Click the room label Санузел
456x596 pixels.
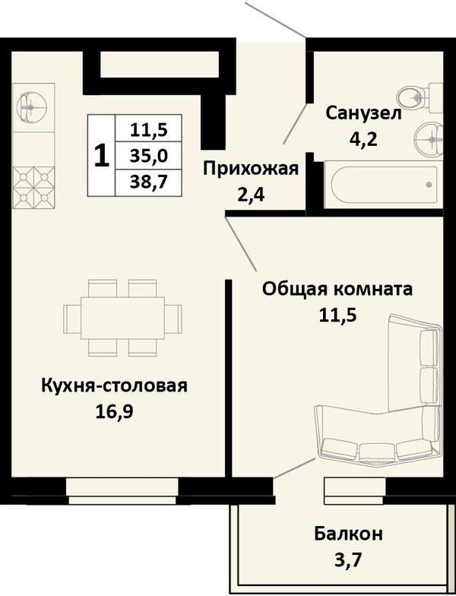click(x=363, y=113)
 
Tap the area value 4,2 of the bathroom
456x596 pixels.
click(x=363, y=140)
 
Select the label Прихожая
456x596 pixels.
click(x=251, y=169)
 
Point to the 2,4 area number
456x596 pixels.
click(x=251, y=196)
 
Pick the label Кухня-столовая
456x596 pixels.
click(x=114, y=385)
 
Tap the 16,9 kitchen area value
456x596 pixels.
click(x=114, y=412)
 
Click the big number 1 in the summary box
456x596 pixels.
click(x=102, y=155)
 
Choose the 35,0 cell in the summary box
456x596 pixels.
click(x=149, y=156)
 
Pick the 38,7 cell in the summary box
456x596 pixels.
click(x=149, y=182)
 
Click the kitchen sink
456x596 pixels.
click(x=32, y=108)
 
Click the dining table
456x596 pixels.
click(x=123, y=318)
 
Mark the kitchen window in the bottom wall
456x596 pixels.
click(x=122, y=491)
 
